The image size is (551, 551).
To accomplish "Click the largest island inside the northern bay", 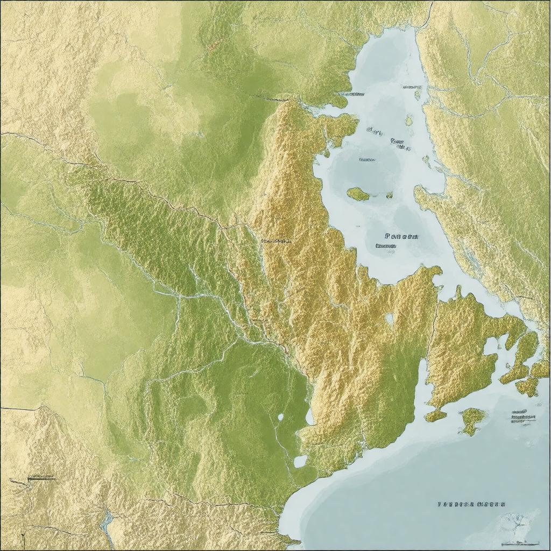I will click(358, 194).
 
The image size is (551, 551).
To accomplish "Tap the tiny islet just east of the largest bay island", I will click(388, 195).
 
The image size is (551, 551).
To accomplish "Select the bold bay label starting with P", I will click(402, 236).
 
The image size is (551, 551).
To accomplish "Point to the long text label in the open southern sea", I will click(471, 504).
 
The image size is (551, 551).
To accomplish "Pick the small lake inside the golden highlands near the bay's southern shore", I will click(389, 319).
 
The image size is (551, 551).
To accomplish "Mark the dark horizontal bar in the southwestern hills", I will click(41, 477).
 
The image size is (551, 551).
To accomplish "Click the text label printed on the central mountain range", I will click(275, 241).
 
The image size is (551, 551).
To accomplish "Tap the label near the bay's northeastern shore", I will click(412, 86).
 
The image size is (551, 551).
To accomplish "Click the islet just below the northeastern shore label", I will click(418, 95).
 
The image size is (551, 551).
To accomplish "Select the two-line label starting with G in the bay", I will click(398, 143).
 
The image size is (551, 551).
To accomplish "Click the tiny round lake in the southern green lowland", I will click(280, 416).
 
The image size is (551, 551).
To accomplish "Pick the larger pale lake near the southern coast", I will click(300, 461).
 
